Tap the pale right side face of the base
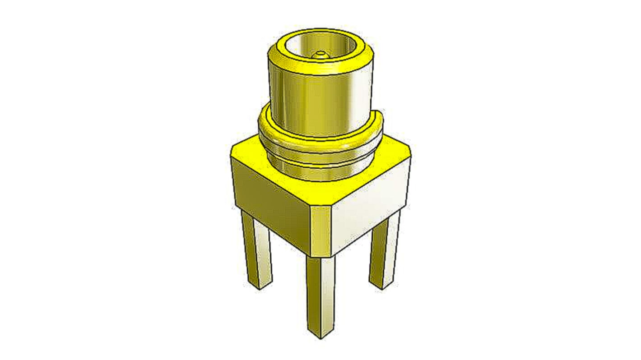point(370,203)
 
